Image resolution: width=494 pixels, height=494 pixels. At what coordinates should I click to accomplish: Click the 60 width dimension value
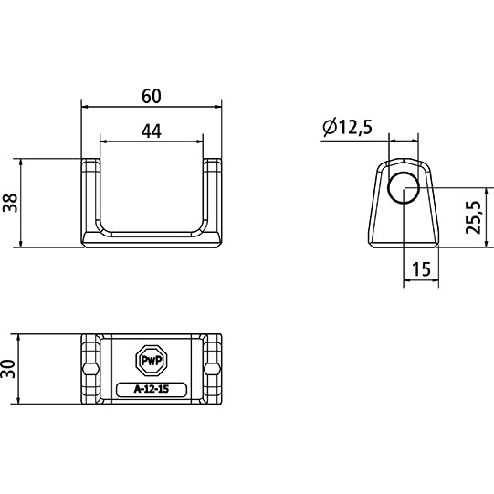(151, 95)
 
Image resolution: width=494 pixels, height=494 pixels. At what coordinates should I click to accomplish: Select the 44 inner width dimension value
(151, 131)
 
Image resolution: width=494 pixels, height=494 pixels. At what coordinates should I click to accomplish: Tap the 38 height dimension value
(10, 202)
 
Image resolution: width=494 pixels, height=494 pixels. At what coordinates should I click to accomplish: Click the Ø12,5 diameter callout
(347, 129)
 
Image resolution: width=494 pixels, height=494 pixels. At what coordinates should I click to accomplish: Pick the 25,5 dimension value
(472, 217)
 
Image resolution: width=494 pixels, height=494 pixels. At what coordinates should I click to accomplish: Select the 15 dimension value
(421, 269)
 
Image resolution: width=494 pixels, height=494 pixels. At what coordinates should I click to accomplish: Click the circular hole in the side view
(404, 187)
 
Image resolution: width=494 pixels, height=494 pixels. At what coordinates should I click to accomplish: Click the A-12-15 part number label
(151, 390)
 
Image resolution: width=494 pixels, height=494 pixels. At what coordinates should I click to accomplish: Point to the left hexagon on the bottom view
(89, 368)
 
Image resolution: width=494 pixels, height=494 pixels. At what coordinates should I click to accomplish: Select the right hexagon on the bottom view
(214, 368)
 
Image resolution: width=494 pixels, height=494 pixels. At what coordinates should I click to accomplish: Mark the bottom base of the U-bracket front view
(151, 239)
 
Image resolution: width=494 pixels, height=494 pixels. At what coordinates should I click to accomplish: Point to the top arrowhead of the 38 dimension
(21, 163)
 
